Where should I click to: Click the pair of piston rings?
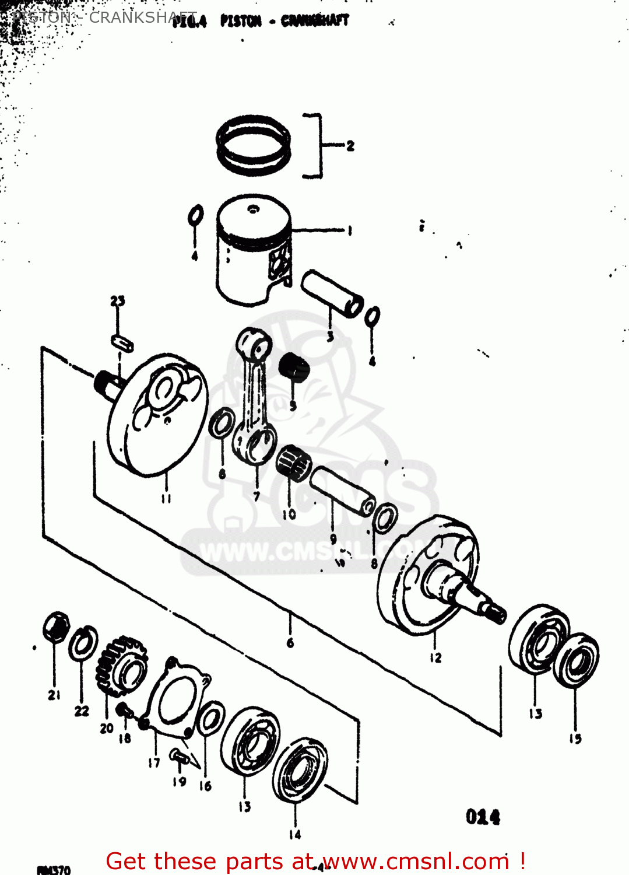point(254,145)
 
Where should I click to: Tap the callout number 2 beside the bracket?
point(350,146)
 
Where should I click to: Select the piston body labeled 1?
point(253,251)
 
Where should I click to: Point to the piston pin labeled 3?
point(332,292)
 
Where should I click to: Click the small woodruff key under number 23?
point(122,342)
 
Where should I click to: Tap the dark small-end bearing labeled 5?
point(293,368)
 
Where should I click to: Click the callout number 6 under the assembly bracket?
point(290,643)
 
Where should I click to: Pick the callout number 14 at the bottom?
point(295,835)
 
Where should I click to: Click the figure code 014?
point(483,817)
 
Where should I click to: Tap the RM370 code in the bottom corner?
point(54,870)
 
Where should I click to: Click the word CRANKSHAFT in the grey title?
point(143,17)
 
